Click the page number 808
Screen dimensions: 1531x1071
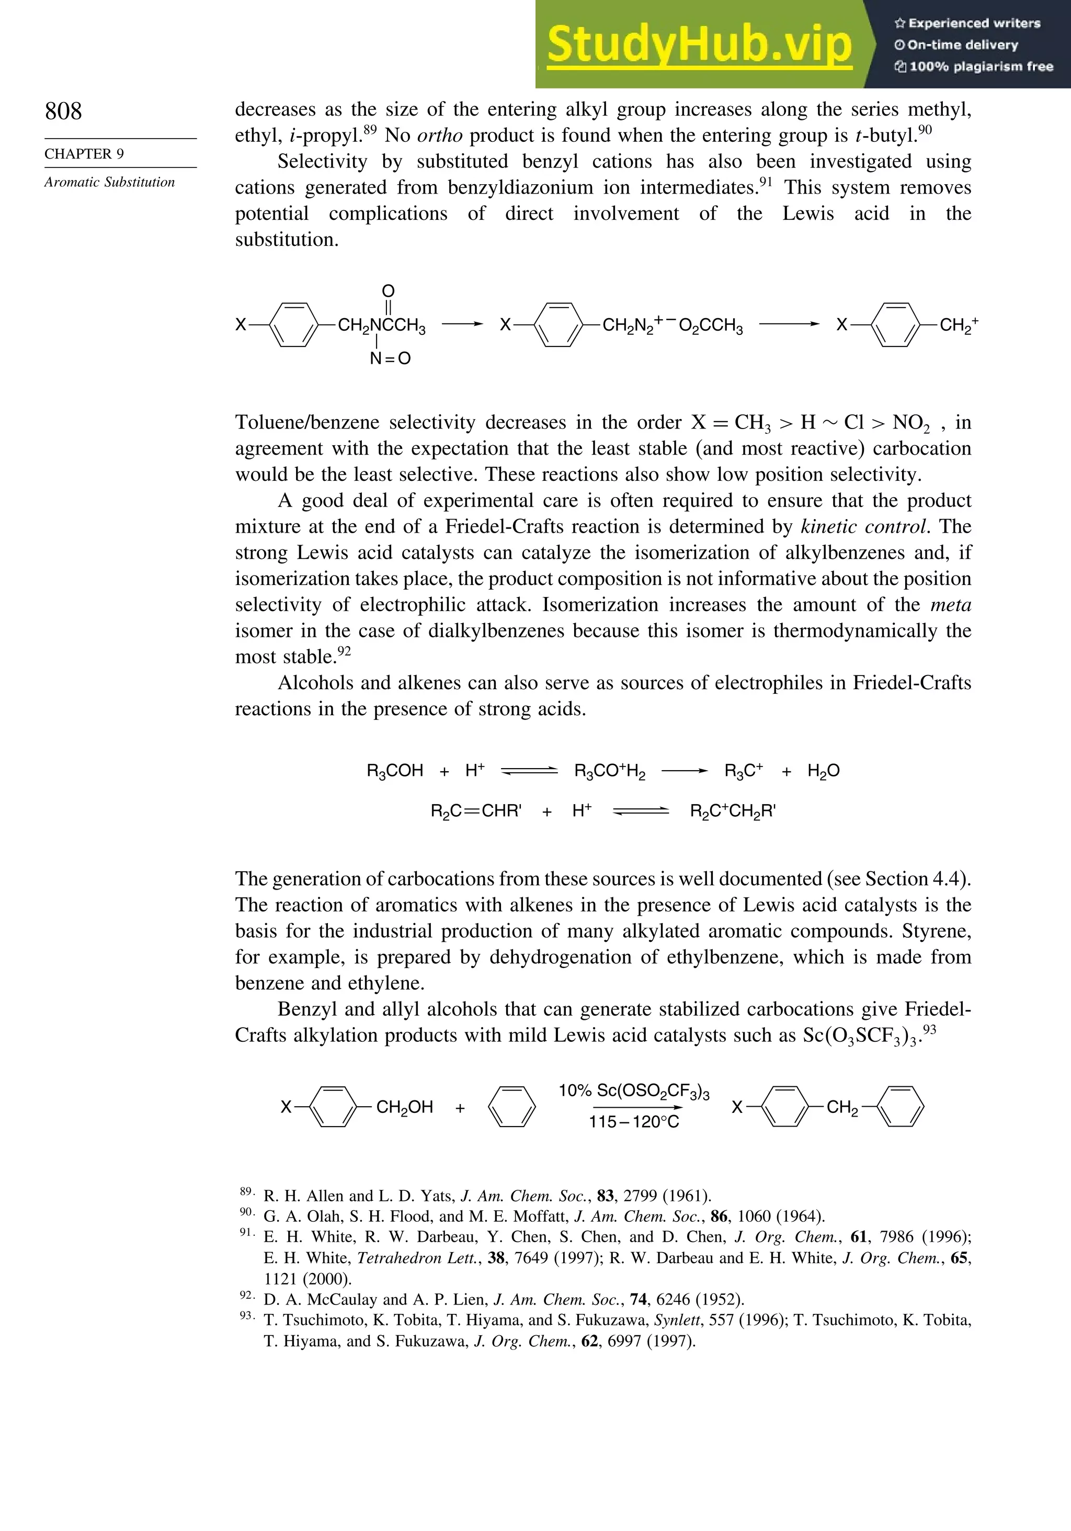tap(63, 111)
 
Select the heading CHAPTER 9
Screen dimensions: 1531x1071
tap(84, 154)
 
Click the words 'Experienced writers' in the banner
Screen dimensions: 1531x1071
tap(974, 24)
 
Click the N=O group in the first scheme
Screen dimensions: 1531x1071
tap(390, 359)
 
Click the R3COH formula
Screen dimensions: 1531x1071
tap(394, 771)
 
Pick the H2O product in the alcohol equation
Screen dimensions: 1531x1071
tap(823, 771)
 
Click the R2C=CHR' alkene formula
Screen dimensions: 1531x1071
tap(476, 812)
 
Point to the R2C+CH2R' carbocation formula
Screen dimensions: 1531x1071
tap(733, 812)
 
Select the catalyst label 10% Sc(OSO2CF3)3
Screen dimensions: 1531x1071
tap(634, 1091)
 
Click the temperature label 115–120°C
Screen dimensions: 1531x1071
tap(634, 1122)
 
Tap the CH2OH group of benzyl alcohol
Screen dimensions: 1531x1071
tap(405, 1108)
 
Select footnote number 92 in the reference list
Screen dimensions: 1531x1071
tap(246, 1296)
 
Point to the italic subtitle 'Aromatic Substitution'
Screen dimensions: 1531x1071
tap(109, 182)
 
